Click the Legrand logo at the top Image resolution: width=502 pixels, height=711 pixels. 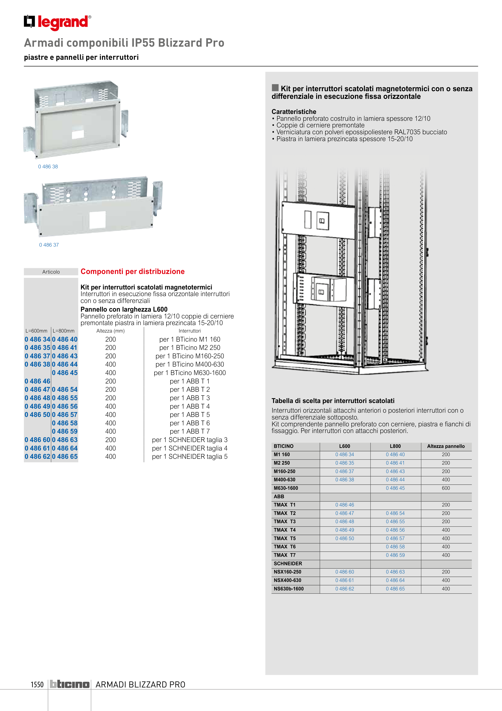point(57,22)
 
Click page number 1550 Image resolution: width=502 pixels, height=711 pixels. point(37,684)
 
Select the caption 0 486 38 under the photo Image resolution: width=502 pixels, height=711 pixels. point(48,167)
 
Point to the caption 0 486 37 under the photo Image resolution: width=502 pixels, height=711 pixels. point(49,245)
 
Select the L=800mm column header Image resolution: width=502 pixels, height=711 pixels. point(64,331)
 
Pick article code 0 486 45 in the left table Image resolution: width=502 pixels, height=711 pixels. point(65,373)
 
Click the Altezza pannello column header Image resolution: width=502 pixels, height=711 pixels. point(446,446)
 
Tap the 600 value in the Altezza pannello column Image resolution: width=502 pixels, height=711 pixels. point(446,488)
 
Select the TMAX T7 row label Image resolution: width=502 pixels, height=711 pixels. point(284,555)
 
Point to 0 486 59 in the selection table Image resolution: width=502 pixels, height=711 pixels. point(395,555)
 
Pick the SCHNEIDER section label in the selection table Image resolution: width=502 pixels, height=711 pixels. point(288,564)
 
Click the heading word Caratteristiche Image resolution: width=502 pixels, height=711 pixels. point(294,112)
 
